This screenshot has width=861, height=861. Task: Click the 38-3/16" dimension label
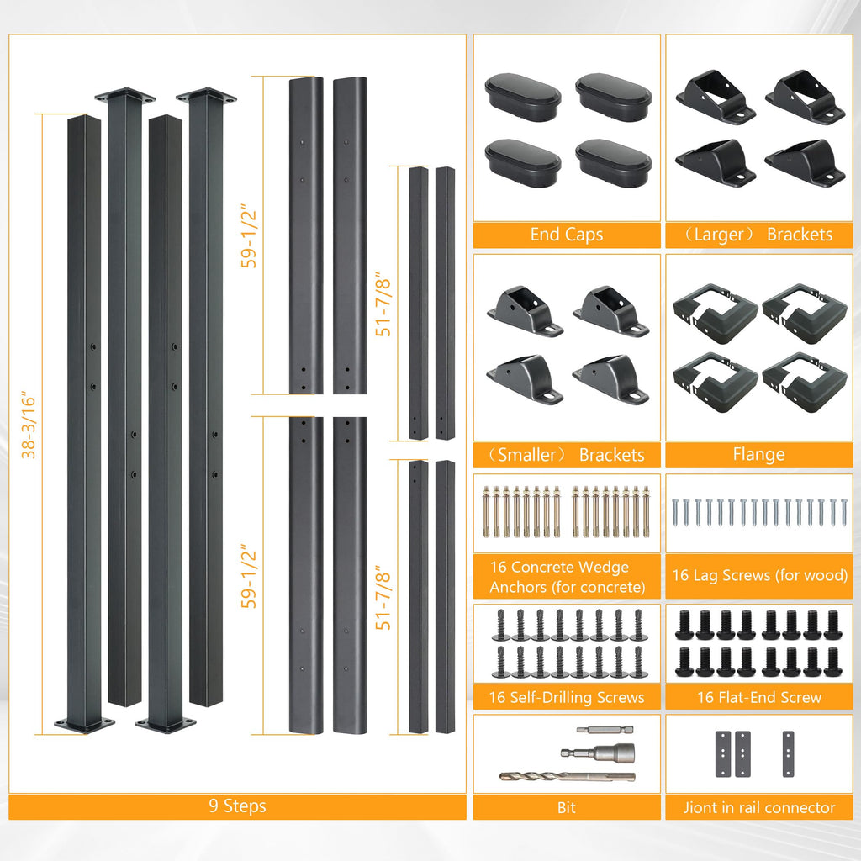[28, 425]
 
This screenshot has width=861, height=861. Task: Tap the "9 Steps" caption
[237, 806]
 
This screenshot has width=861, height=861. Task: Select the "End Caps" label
[567, 235]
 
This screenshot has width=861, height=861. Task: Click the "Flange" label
[759, 455]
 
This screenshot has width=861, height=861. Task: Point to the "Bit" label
[567, 808]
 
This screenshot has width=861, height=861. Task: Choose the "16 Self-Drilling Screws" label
[567, 697]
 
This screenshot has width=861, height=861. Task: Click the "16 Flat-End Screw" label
[759, 697]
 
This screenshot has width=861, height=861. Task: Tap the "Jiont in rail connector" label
[759, 808]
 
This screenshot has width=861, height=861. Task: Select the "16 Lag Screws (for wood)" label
[760, 575]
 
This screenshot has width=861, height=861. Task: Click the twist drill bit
[567, 776]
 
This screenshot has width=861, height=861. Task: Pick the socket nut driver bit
[598, 752]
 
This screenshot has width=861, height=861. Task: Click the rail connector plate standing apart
[788, 754]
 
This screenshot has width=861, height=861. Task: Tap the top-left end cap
[523, 98]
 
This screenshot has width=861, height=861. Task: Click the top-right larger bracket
[805, 97]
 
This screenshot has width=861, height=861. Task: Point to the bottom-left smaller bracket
[525, 379]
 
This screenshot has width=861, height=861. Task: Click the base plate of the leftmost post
[84, 724]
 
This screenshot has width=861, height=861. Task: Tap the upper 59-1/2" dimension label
[249, 236]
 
